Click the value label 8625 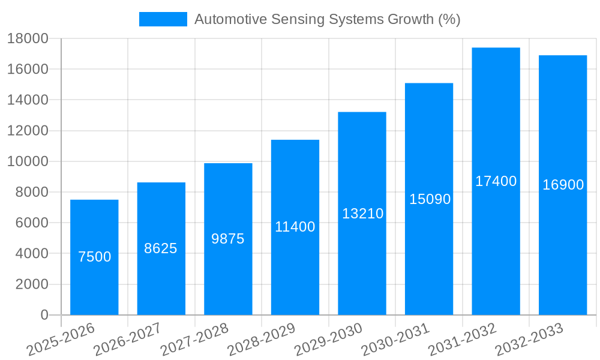pyautogui.click(x=161, y=248)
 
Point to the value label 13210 pyautogui.click(x=362, y=214)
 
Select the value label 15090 pyautogui.click(x=430, y=199)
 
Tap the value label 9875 pyautogui.click(x=228, y=239)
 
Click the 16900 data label pyautogui.click(x=563, y=185)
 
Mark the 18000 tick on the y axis pyautogui.click(x=28, y=39)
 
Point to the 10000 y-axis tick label pyautogui.click(x=28, y=161)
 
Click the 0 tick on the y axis pyautogui.click(x=44, y=315)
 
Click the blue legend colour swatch pyautogui.click(x=163, y=19)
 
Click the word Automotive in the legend pyautogui.click(x=230, y=19)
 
